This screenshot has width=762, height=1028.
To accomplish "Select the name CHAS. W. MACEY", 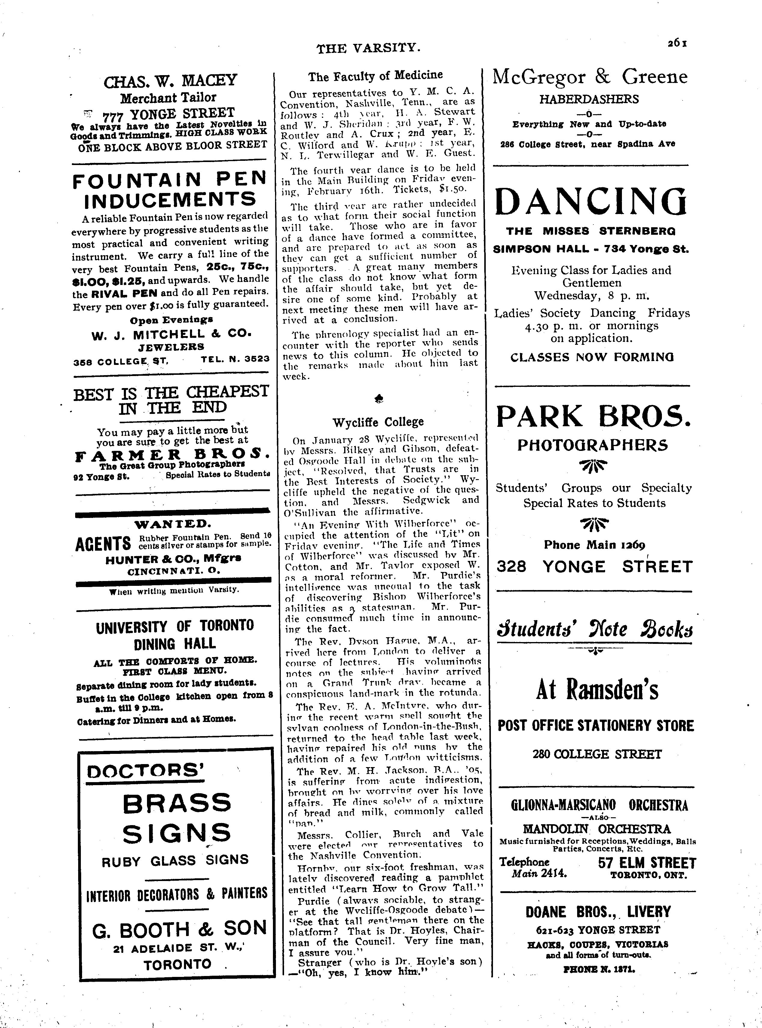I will [x=170, y=81].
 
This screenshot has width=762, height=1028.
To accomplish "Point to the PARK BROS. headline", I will [x=594, y=416].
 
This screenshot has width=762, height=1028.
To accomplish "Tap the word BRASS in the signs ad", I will [x=177, y=803].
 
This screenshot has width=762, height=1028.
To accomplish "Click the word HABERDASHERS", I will [x=589, y=99].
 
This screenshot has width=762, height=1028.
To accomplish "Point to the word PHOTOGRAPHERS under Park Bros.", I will [x=592, y=445].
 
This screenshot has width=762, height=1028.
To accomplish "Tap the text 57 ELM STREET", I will [x=647, y=863].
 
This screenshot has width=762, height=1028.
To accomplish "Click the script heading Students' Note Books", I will [x=595, y=629].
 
